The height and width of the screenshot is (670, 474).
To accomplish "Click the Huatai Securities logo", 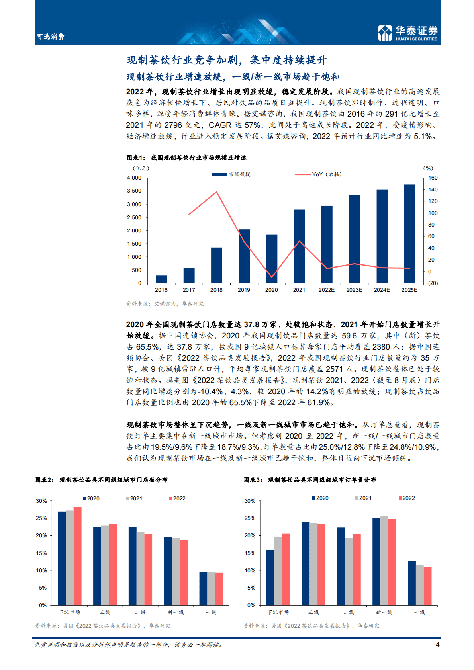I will (407, 33).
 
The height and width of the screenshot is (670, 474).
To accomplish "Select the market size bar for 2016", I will (161, 279).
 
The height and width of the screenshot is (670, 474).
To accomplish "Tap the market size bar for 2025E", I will (409, 234).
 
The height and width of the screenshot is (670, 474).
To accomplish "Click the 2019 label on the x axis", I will (244, 290).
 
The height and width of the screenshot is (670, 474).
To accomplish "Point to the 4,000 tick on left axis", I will (134, 178).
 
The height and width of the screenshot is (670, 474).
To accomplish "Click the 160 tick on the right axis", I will (433, 178).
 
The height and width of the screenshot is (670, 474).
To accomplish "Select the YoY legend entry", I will (318, 174).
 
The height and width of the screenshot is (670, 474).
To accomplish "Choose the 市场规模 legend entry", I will (231, 174).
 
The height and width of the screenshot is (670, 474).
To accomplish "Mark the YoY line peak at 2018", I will (217, 192).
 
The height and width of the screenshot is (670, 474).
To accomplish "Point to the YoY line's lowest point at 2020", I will (272, 277).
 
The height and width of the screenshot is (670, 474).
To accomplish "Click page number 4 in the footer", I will (438, 645).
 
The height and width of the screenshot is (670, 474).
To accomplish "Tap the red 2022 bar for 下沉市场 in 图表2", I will (77, 556).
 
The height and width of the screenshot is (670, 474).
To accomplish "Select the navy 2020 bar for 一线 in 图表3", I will (412, 583).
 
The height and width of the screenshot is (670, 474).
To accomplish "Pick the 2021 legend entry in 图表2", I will (134, 498).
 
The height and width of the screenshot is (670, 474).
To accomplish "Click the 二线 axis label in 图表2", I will (140, 612).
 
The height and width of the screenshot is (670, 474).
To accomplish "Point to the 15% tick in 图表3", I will (250, 553).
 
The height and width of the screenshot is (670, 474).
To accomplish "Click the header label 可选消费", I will (51, 37).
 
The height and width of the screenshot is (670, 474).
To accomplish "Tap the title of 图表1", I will (187, 158).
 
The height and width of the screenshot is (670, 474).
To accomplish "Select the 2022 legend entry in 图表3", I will (407, 498).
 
